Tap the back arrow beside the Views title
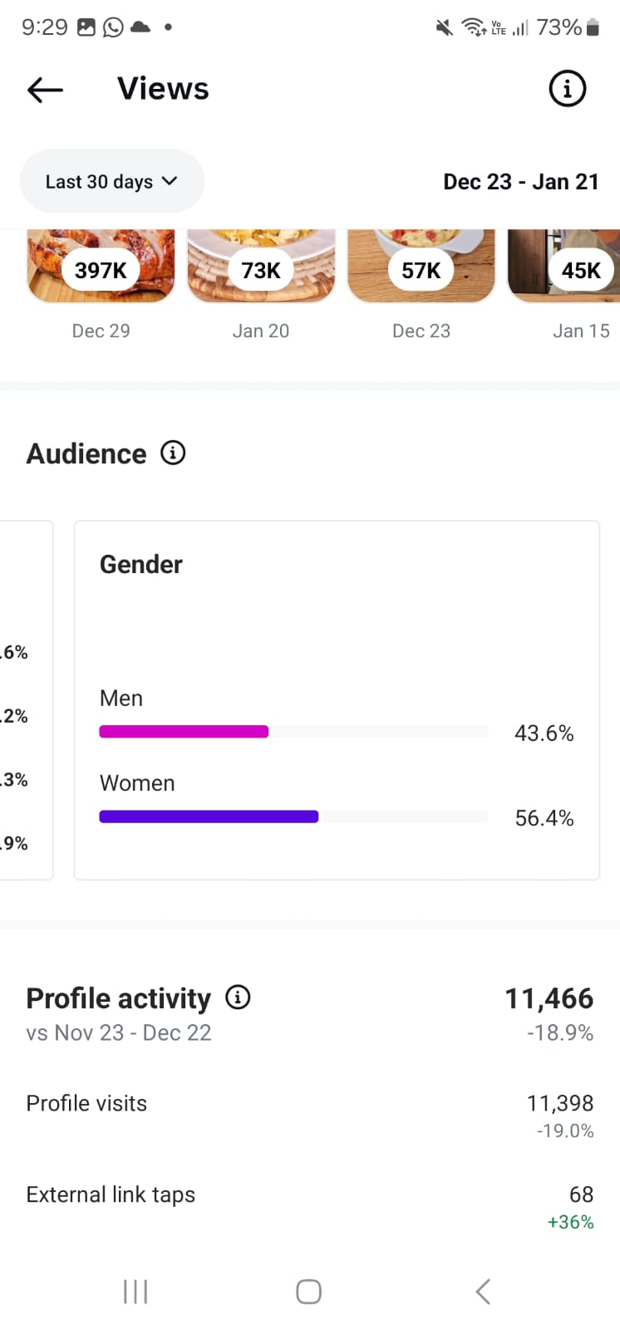pyautogui.click(x=45, y=89)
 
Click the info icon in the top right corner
pyautogui.click(x=568, y=88)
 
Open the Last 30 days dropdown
pyautogui.click(x=111, y=181)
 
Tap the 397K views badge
pyautogui.click(x=101, y=270)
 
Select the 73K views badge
pyautogui.click(x=261, y=270)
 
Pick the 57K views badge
pyautogui.click(x=421, y=270)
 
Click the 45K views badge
pyautogui.click(x=581, y=270)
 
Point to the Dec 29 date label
pyautogui.click(x=101, y=331)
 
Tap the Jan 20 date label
pyautogui.click(x=261, y=331)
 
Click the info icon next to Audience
pyautogui.click(x=173, y=453)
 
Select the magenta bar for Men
pyautogui.click(x=184, y=732)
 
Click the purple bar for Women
pyautogui.click(x=209, y=817)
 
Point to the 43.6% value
pyautogui.click(x=544, y=733)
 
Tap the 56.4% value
pyautogui.click(x=544, y=818)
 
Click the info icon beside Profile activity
pyautogui.click(x=238, y=997)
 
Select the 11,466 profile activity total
pyautogui.click(x=549, y=998)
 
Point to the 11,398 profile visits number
pyautogui.click(x=559, y=1103)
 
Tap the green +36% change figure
pyautogui.click(x=570, y=1222)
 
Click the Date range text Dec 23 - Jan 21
pyautogui.click(x=520, y=181)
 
